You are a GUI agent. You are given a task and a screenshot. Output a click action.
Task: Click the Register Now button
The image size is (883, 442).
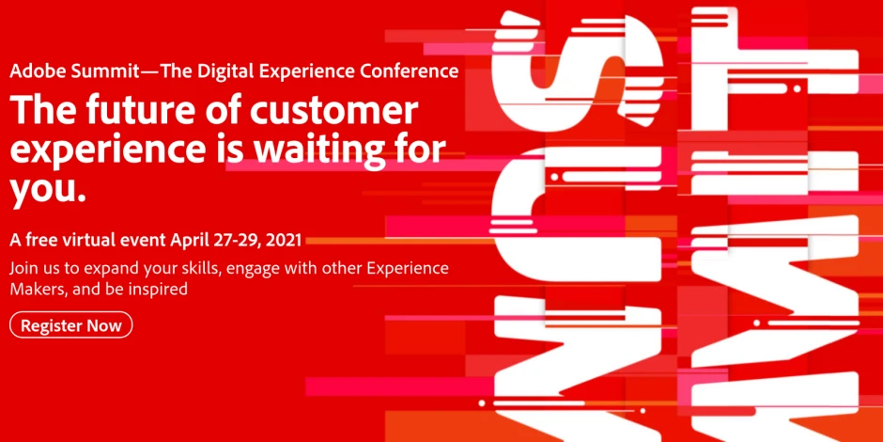coord(71,325)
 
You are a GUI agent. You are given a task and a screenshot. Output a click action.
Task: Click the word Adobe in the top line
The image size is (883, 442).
coord(35,71)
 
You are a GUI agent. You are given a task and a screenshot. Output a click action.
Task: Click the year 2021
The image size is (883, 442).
coord(283,240)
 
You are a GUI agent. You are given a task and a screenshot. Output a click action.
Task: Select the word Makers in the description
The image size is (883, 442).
coord(37,289)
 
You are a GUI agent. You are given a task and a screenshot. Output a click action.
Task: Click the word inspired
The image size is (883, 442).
coord(161,289)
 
